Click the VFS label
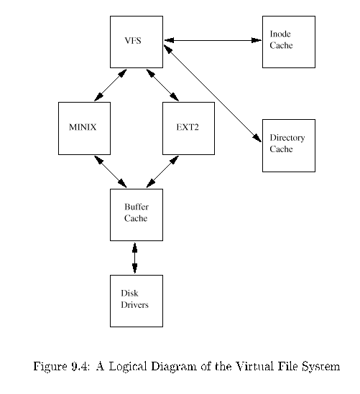click(133, 40)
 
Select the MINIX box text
click(83, 127)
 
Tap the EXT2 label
click(188, 127)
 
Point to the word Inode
click(280, 34)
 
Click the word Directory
click(287, 138)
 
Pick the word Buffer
click(137, 207)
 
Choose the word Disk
click(129, 294)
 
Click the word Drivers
click(134, 305)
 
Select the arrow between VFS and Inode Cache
click(213, 40)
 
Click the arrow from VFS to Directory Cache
click(213, 93)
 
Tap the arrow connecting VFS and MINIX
click(110, 85)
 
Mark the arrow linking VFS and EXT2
click(162, 85)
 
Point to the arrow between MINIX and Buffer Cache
click(110, 172)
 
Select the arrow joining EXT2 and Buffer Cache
click(162, 172)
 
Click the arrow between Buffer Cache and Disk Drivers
click(135, 258)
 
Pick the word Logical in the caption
click(128, 367)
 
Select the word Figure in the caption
click(50, 367)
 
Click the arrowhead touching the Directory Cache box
click(257, 138)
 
